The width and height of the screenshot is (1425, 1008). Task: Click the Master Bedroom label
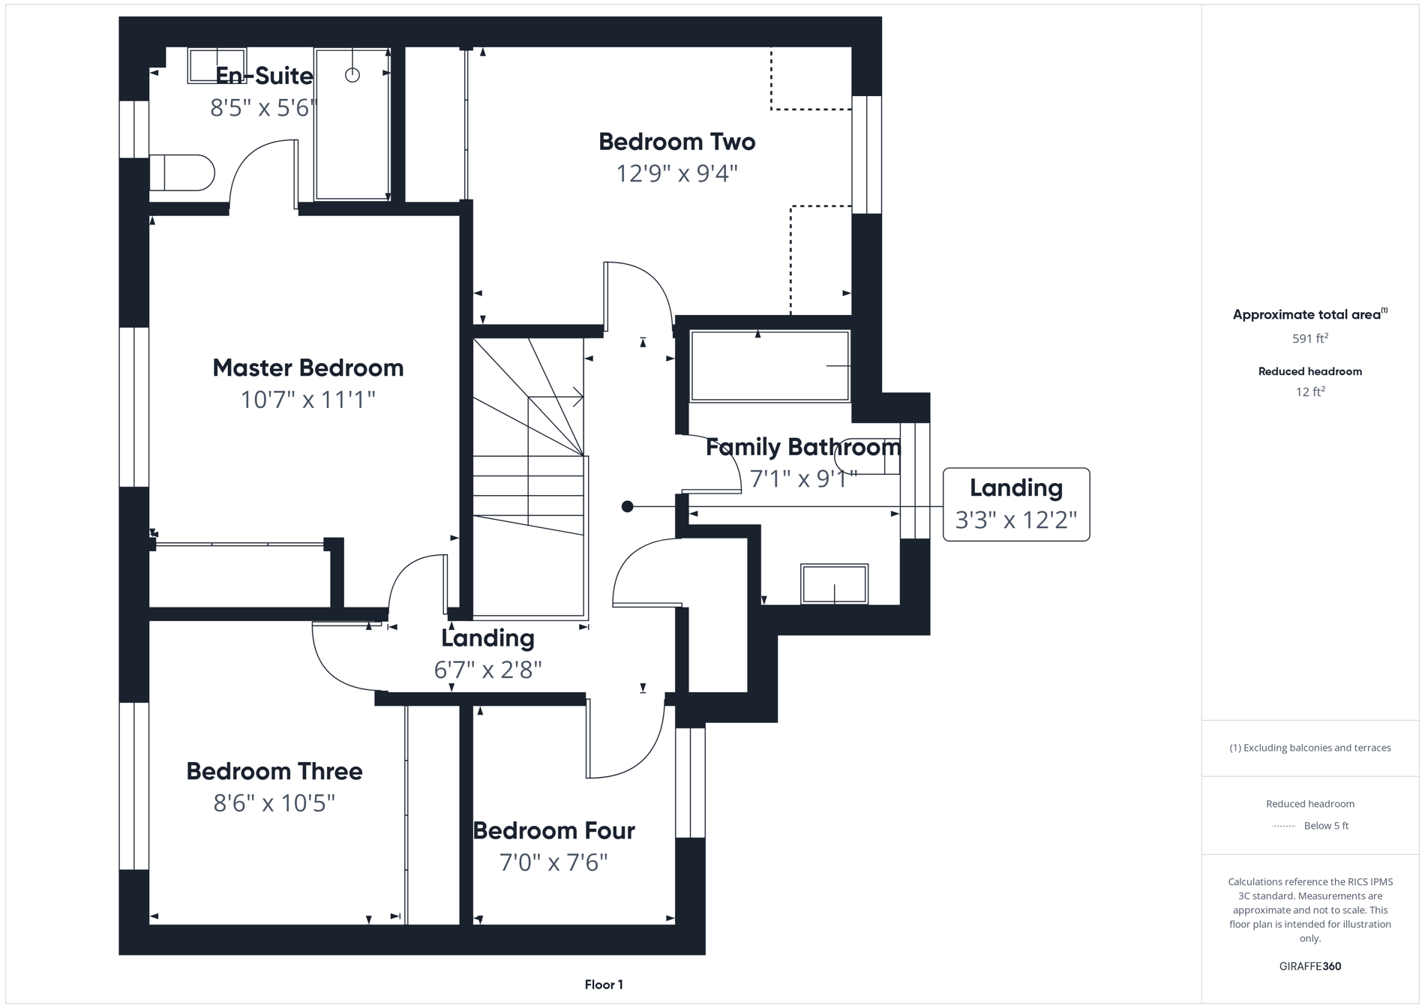point(307,367)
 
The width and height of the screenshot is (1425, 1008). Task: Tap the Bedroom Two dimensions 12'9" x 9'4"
point(676,174)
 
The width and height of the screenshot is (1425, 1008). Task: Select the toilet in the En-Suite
point(182,172)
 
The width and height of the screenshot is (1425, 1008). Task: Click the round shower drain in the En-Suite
point(352,75)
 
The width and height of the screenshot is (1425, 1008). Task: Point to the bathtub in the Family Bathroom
point(769,366)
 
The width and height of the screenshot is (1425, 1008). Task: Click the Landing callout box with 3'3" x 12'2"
point(1015,504)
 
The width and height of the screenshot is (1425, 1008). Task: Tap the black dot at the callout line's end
point(628,507)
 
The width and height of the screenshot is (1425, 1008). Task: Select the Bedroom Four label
point(553,830)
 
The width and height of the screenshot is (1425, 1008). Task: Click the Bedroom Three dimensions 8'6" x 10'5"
point(274,803)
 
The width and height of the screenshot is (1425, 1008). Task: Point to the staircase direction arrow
point(577,397)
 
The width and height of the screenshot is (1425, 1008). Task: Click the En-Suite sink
point(217,66)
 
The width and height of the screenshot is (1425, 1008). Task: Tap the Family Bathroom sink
point(834,583)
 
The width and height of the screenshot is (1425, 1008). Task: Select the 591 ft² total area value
point(1309,338)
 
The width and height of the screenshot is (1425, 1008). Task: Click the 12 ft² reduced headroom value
point(1309,391)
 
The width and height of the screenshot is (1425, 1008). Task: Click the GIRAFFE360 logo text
point(1309,966)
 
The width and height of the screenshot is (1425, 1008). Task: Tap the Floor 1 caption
point(604,985)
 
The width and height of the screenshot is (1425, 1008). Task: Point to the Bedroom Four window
point(690,782)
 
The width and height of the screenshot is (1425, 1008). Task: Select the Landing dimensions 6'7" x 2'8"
point(487,669)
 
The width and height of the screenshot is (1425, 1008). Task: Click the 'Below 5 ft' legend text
point(1326,826)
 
